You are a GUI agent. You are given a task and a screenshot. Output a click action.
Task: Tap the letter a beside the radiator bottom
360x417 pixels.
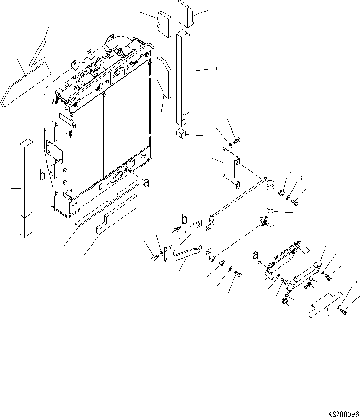146,182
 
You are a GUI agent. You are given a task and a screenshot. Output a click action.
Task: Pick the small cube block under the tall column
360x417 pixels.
181,133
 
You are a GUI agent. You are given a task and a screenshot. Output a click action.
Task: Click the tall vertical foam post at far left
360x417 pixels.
26,187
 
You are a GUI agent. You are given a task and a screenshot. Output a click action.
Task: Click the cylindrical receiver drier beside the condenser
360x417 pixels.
271,204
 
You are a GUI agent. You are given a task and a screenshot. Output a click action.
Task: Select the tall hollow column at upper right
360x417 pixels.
184,77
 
